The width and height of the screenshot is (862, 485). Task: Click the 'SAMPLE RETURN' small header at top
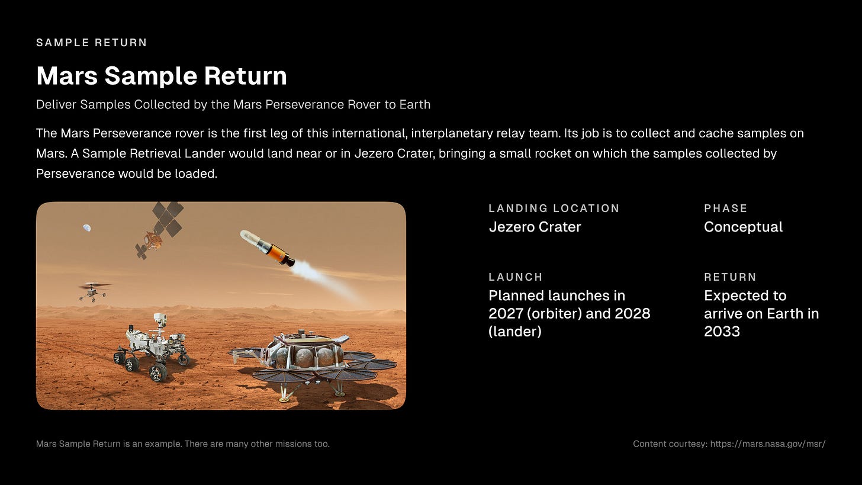[x=92, y=43]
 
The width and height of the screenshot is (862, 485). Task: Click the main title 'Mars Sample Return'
[x=162, y=76]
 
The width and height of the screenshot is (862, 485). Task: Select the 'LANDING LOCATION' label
[x=554, y=208]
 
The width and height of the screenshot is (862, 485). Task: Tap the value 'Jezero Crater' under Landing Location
[x=535, y=227]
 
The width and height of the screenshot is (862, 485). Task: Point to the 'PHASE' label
[x=725, y=208]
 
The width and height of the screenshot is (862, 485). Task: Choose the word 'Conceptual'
[x=743, y=227]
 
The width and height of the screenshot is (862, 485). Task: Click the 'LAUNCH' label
[x=515, y=277]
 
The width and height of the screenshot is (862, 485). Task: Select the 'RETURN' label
[x=730, y=277]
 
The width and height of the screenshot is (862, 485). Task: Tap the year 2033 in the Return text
[x=722, y=331]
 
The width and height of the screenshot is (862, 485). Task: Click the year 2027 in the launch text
[x=507, y=313]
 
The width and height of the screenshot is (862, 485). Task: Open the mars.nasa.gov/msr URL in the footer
[x=767, y=444]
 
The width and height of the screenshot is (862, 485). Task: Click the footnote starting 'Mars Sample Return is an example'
[x=182, y=444]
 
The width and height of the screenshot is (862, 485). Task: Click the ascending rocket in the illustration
[x=268, y=247]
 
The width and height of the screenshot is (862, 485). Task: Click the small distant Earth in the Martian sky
[x=87, y=227]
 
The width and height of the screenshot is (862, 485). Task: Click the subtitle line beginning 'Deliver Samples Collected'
[x=233, y=105]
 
